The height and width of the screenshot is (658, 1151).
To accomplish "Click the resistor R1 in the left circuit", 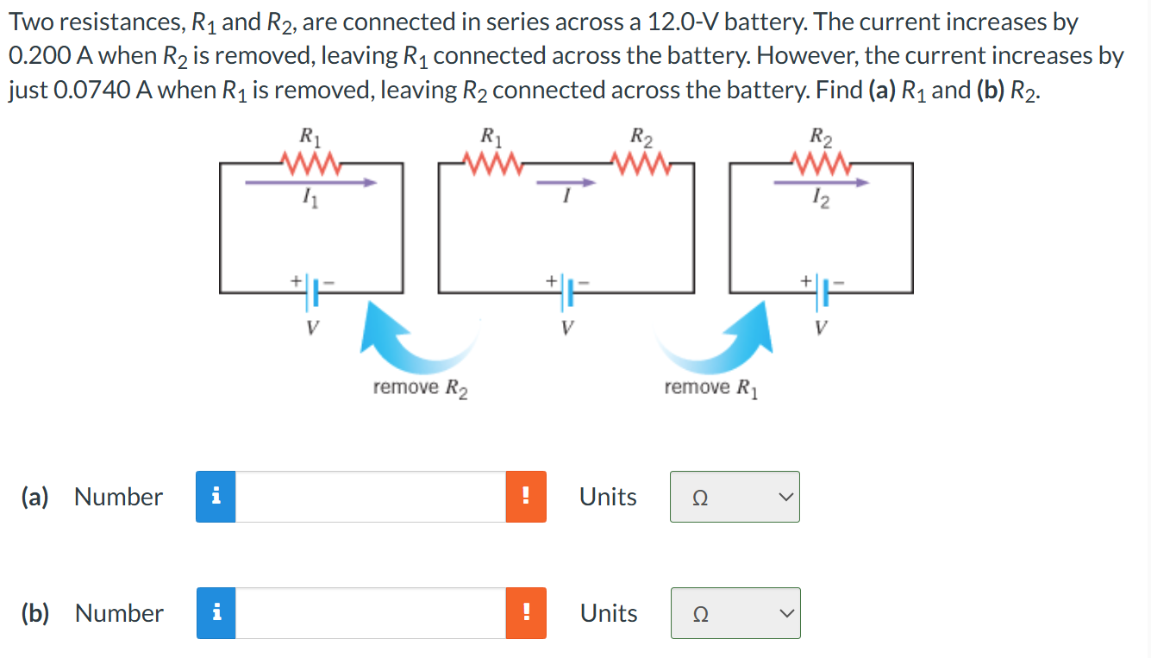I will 306,161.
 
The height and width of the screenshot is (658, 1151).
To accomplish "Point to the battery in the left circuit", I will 310,292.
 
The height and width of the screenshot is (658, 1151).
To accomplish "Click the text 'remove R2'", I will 420,388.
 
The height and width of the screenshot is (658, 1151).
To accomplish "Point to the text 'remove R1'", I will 711,388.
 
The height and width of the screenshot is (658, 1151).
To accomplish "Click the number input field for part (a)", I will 371,497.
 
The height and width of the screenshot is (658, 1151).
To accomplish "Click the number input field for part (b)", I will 371,613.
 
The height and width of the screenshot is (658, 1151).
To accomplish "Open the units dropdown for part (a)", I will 735,497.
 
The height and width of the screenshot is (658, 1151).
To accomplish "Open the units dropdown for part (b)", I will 735,613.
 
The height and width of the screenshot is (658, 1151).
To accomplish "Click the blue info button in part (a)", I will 216,497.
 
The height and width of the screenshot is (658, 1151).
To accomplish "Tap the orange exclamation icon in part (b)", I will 526,613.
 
